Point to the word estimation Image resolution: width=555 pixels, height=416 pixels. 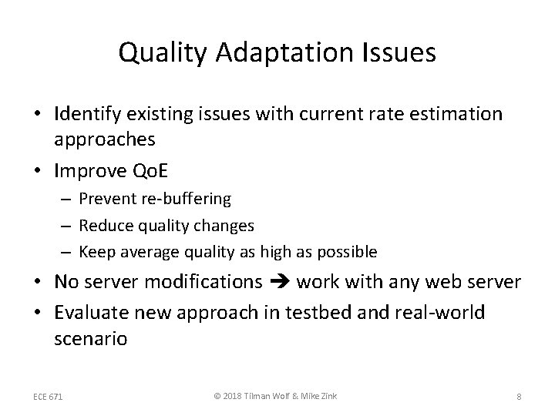(456, 114)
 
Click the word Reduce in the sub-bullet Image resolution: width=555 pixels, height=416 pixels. (104, 225)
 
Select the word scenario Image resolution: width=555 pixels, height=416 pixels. (91, 338)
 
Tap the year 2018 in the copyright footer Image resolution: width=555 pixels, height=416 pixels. (230, 397)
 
